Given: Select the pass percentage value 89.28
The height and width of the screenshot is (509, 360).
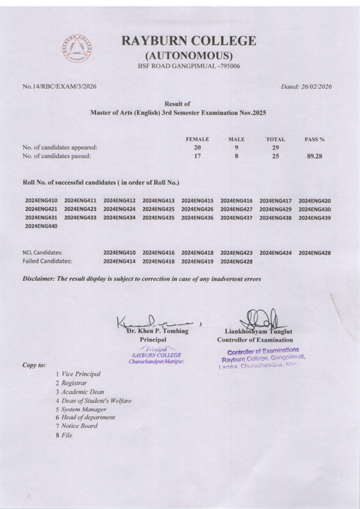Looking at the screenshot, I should [314, 156].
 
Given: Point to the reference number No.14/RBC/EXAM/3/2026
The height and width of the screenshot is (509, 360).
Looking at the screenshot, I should [59, 86].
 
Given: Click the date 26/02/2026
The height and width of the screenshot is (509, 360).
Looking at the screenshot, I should [316, 86].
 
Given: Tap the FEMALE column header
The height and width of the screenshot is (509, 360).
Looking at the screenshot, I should [197, 139].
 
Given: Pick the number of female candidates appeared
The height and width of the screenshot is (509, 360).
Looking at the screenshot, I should [197, 147].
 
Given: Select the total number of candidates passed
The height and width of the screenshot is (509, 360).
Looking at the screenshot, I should [275, 156].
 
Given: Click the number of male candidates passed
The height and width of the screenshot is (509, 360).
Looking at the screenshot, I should [236, 156].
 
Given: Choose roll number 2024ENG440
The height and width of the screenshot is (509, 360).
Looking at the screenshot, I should [41, 226].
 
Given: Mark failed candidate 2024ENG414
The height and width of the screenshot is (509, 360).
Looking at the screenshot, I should [119, 261].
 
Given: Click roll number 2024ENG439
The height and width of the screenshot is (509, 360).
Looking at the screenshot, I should [314, 217].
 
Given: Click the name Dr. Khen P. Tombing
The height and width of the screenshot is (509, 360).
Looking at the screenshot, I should [157, 331].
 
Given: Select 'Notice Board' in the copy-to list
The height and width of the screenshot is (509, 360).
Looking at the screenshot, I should [79, 426].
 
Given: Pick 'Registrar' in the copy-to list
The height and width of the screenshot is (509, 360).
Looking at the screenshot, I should [74, 382].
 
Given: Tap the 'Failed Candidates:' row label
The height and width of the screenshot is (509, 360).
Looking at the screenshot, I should [47, 261].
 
